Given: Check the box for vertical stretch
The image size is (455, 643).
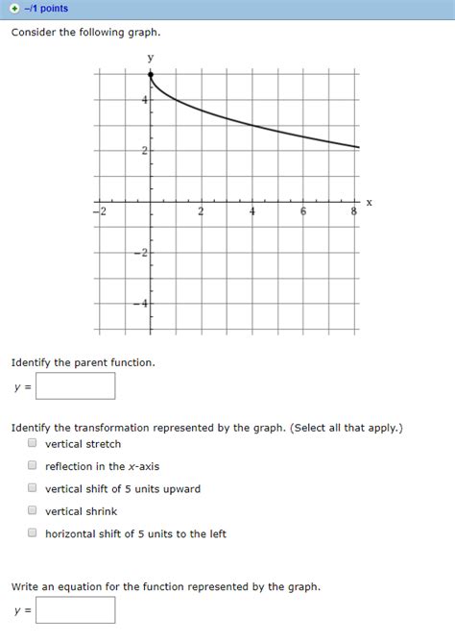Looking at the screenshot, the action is pyautogui.click(x=32, y=444).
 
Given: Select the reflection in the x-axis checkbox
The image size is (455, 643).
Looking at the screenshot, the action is pyautogui.click(x=32, y=466).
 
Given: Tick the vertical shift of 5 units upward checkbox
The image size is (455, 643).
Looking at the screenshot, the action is pyautogui.click(x=32, y=488).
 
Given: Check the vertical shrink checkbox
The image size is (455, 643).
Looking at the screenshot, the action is pyautogui.click(x=32, y=511).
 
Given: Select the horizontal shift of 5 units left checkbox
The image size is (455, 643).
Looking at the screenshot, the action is pyautogui.click(x=32, y=533).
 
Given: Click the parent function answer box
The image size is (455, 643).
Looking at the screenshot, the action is pyautogui.click(x=76, y=386).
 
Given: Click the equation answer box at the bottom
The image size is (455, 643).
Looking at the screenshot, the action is pyautogui.click(x=76, y=610).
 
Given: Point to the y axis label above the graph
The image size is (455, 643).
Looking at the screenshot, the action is pyautogui.click(x=150, y=58).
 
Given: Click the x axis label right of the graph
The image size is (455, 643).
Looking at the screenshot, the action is pyautogui.click(x=369, y=202).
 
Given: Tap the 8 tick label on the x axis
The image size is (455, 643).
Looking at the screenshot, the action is pyautogui.click(x=353, y=211).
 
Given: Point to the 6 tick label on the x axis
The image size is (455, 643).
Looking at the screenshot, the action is pyautogui.click(x=303, y=211).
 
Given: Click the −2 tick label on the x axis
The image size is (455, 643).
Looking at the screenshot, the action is pyautogui.click(x=100, y=211).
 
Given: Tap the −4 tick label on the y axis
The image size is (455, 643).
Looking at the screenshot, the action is pyautogui.click(x=142, y=304).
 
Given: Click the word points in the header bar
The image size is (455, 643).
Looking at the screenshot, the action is pyautogui.click(x=54, y=9).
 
